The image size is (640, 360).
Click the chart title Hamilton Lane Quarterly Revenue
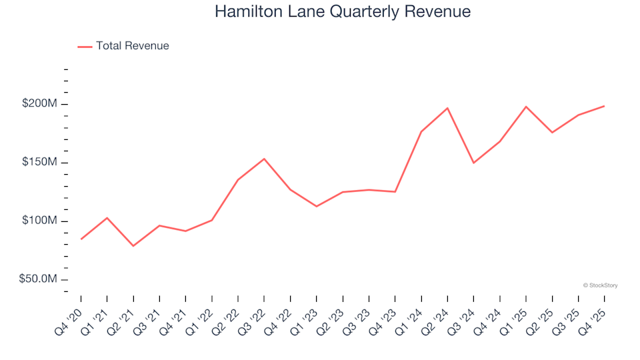point(343,12)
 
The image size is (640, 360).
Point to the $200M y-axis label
point(40,104)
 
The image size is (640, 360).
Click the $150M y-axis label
point(40,163)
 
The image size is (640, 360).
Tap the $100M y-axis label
point(40,221)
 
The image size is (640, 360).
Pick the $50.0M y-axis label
point(38,279)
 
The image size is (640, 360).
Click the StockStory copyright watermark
point(600,285)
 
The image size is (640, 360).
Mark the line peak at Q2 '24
point(447,108)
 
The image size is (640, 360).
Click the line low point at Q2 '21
point(133,246)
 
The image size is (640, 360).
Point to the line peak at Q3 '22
point(264,159)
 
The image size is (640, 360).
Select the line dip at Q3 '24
point(473,163)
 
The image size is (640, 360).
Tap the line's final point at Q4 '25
point(604,106)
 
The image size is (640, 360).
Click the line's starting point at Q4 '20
point(81,239)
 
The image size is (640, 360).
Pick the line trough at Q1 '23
point(317,206)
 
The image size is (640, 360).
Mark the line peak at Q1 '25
point(526,107)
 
